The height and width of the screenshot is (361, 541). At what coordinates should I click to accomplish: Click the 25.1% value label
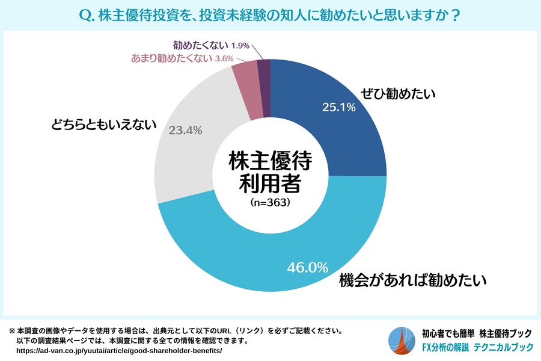click(x=339, y=108)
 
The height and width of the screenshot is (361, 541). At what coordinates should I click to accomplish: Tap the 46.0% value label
click(x=308, y=267)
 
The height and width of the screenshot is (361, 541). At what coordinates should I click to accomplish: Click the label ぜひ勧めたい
click(x=397, y=94)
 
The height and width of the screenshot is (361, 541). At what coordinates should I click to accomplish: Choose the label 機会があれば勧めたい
click(x=412, y=280)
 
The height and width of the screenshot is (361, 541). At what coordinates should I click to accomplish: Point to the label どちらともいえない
click(x=103, y=125)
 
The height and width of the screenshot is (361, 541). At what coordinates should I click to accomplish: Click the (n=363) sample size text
click(x=270, y=203)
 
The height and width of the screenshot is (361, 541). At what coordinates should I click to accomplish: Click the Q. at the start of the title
click(x=87, y=13)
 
